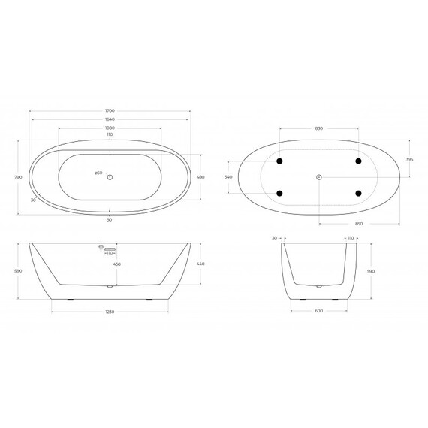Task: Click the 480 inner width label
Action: click(x=200, y=177)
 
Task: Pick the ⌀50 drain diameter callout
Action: click(x=98, y=174)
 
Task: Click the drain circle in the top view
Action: click(x=110, y=177)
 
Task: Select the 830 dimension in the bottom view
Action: click(x=319, y=129)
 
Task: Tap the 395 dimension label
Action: click(x=410, y=160)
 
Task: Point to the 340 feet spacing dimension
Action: click(x=229, y=177)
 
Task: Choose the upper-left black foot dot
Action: click(x=280, y=161)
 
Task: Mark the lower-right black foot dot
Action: click(x=358, y=193)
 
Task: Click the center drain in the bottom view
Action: click(x=319, y=177)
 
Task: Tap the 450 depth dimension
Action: click(x=116, y=265)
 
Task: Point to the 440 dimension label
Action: click(x=200, y=265)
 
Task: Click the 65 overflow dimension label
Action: click(x=100, y=246)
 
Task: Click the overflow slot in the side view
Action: click(x=112, y=247)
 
